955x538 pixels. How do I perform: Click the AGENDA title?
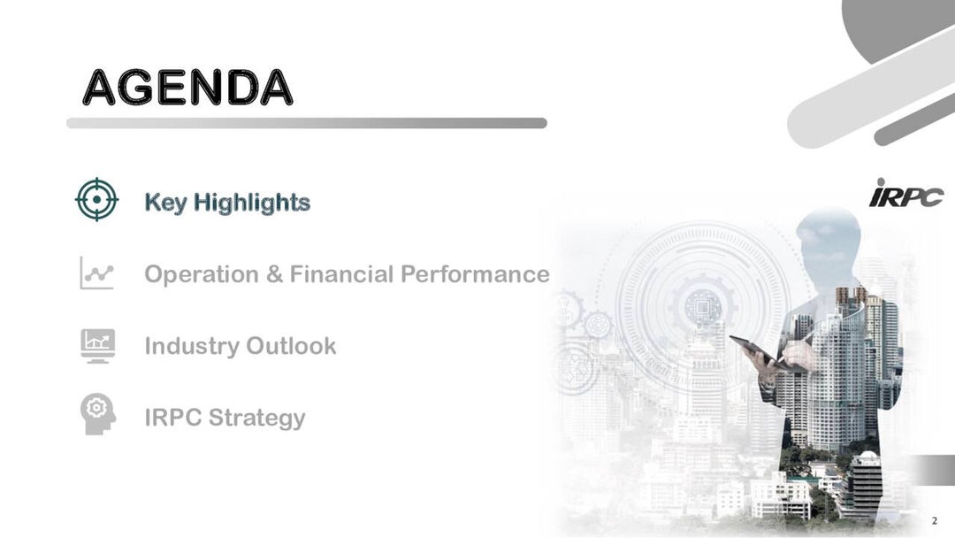pyautogui.click(x=187, y=87)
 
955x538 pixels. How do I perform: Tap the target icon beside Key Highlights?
pyautogui.click(x=96, y=200)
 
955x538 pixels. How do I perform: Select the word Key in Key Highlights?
pyautogui.click(x=165, y=202)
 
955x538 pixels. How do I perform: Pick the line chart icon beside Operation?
pyautogui.click(x=96, y=273)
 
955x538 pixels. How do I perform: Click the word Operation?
pyautogui.click(x=202, y=274)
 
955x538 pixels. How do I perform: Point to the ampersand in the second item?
pyautogui.click(x=274, y=274)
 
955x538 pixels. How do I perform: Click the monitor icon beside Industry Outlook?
pyautogui.click(x=96, y=345)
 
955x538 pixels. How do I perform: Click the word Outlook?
pyautogui.click(x=289, y=345)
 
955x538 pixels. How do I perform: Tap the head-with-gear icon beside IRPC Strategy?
pyautogui.click(x=95, y=413)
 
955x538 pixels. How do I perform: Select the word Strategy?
pyautogui.click(x=260, y=418)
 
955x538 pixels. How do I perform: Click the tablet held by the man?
pyautogui.click(x=753, y=349)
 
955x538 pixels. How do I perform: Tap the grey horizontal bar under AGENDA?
pyautogui.click(x=306, y=123)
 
